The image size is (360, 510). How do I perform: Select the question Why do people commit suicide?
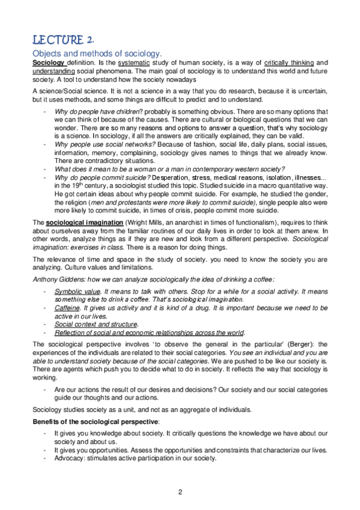[x=102, y=177]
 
